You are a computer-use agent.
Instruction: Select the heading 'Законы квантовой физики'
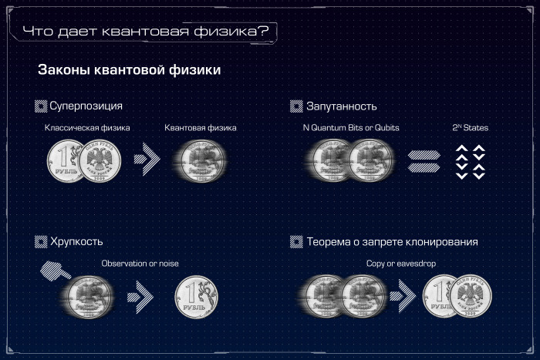(130, 70)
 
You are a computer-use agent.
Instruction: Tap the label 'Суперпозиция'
(86, 106)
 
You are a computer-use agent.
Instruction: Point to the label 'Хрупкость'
(76, 242)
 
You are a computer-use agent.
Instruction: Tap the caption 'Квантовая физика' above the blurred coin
(201, 127)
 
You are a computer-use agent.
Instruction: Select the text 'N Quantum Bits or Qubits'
(351, 127)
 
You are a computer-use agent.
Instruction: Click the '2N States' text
(471, 127)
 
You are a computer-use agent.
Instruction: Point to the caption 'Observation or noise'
(140, 264)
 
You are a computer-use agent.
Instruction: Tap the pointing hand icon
(54, 271)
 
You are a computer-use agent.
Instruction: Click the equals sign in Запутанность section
(424, 161)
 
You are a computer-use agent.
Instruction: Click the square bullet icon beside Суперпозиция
(41, 106)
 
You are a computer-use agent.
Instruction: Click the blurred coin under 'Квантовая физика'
(200, 161)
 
